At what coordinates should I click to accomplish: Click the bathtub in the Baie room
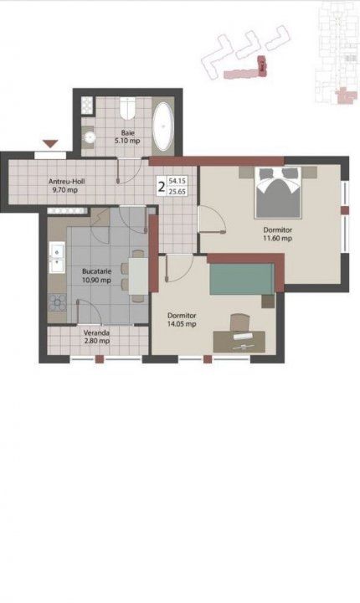(x=163, y=126)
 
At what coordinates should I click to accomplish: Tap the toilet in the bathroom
(x=127, y=108)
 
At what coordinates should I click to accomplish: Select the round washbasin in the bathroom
(x=90, y=137)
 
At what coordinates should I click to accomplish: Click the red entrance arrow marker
(x=50, y=144)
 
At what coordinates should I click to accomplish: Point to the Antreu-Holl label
(x=66, y=182)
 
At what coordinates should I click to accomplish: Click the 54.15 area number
(x=177, y=180)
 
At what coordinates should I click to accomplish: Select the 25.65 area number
(x=177, y=191)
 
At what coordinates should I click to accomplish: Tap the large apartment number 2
(x=162, y=187)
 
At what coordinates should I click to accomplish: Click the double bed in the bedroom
(x=278, y=193)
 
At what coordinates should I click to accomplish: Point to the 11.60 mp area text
(x=277, y=238)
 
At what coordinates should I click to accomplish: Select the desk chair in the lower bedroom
(x=240, y=322)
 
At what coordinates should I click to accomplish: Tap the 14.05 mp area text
(x=182, y=324)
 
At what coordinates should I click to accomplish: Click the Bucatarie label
(x=96, y=271)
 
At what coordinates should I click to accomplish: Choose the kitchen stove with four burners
(x=57, y=302)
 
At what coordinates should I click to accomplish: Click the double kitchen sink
(x=57, y=258)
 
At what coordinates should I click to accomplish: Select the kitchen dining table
(x=138, y=276)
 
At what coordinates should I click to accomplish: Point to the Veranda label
(x=96, y=333)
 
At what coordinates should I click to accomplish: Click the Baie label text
(x=127, y=133)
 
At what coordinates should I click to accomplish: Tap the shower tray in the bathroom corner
(x=87, y=106)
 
